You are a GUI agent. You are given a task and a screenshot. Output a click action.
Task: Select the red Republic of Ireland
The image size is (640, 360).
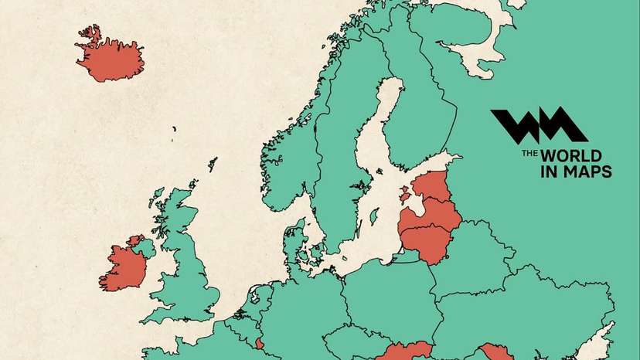pos(124,267)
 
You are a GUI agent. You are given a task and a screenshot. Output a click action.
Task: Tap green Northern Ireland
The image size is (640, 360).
pos(143,248)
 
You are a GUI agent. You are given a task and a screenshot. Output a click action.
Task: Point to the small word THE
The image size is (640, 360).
pos(529,154)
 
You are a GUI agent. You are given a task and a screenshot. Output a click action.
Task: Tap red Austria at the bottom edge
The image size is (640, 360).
pos(402,352)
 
